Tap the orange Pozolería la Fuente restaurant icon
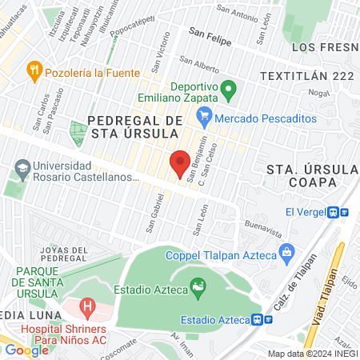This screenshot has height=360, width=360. click(x=34, y=70)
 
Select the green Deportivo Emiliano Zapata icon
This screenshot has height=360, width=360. click(x=229, y=87)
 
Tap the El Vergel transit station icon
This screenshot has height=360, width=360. click(x=344, y=212)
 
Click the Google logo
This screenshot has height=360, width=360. click(x=26, y=350)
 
